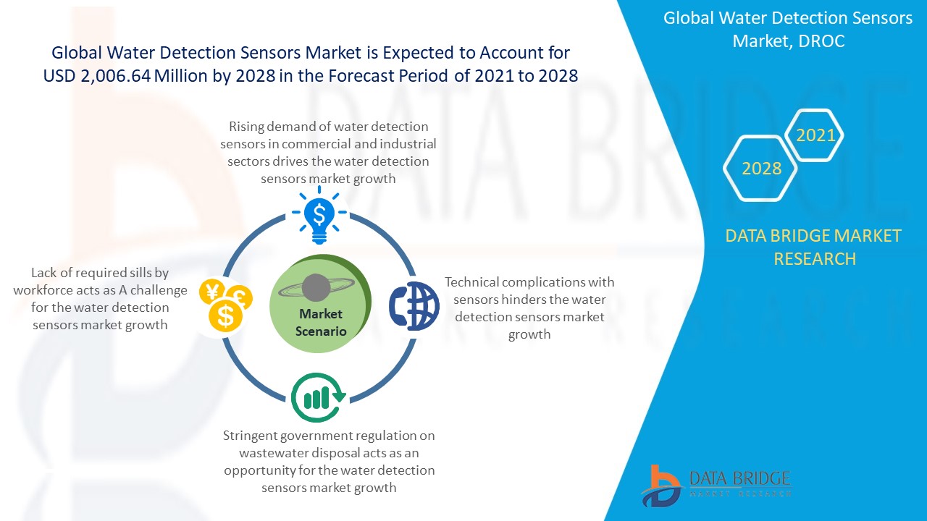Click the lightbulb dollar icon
[319, 215]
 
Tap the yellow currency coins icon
[225, 306]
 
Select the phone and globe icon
[414, 306]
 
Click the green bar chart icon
[318, 397]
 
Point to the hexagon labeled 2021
[815, 135]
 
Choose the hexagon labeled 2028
[760, 169]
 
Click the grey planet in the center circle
[316, 287]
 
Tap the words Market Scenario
[321, 323]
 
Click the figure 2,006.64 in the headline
[115, 76]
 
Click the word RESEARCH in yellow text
[815, 259]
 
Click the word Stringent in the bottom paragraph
[250, 436]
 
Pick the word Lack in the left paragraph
[44, 273]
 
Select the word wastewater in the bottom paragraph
[274, 453]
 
